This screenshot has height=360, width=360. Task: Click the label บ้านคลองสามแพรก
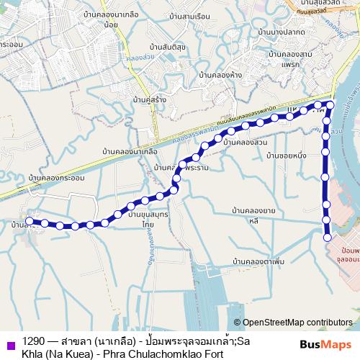click(x=292, y=59)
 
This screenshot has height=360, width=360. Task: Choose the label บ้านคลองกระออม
click(x=55, y=176)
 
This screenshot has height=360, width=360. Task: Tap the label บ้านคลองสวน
click(x=246, y=143)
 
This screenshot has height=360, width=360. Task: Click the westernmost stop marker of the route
click(x=30, y=220)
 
